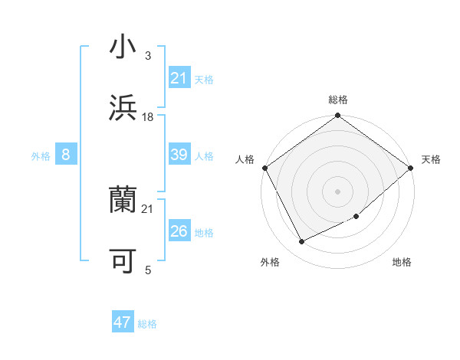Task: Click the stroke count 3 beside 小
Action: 148,56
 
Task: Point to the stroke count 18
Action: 148,116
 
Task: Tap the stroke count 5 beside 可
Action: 148,270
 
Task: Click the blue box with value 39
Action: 179,155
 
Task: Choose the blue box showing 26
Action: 179,231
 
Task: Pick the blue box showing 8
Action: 66,155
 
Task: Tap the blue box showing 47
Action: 123,322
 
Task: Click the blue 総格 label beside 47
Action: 147,324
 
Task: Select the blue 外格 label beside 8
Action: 41,156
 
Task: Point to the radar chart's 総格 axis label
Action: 338,100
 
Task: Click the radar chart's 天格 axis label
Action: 431,159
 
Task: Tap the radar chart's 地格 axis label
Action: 402,262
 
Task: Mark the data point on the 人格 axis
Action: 264,168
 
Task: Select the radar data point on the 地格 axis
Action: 356,216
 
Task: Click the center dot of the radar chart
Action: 337,191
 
